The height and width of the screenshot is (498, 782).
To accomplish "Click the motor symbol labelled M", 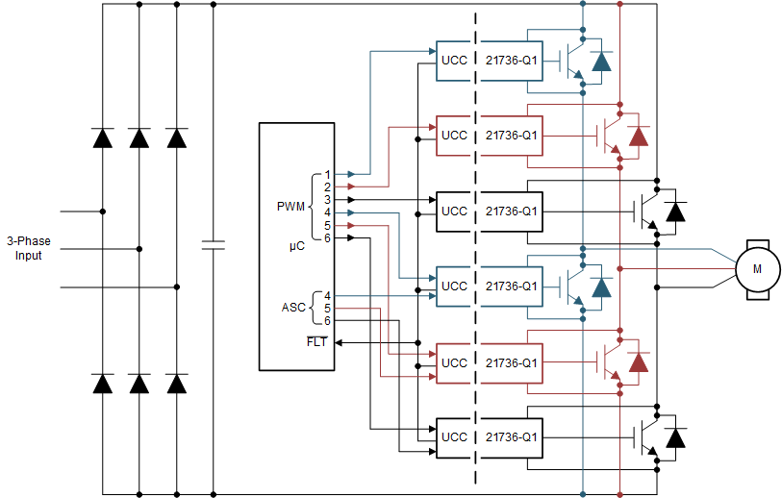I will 756,268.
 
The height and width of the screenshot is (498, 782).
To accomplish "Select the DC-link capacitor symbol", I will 214,246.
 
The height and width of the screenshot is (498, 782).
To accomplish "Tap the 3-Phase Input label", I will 28,248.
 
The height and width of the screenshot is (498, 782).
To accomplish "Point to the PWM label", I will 290,206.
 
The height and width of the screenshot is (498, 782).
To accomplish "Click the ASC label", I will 292,308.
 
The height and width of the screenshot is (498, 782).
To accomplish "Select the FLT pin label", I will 316,341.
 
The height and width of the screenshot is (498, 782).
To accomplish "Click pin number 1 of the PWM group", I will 327,175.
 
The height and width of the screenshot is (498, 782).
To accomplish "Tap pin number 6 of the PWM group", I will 327,237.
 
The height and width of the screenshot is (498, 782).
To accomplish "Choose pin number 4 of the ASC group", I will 327,295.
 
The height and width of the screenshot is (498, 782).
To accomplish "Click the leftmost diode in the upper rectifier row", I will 103,137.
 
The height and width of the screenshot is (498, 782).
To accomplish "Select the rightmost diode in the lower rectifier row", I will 176,384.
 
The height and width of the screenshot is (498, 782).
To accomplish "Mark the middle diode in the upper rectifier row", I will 139,137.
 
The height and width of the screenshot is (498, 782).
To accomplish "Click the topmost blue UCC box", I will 454,61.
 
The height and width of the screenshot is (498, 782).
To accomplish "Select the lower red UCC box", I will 454,362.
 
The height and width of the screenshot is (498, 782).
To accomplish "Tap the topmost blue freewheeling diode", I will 601,62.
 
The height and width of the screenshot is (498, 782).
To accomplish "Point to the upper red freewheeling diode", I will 638,137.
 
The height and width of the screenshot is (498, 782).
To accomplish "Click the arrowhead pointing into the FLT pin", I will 340,341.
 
